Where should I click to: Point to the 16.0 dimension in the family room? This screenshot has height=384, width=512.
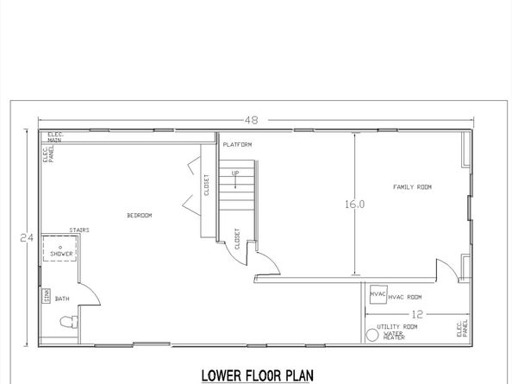(355, 205)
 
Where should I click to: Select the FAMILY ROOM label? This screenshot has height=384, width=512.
(412, 186)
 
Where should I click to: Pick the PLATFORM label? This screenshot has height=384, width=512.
(235, 145)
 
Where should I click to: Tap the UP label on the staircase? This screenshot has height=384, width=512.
(234, 174)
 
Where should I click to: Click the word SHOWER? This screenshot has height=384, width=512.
(61, 255)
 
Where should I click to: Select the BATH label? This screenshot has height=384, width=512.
(62, 299)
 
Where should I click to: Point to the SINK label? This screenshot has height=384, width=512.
(46, 296)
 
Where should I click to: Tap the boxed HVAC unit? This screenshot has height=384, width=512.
(378, 294)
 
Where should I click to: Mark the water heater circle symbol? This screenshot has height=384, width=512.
(372, 334)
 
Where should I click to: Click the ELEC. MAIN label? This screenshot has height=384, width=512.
(57, 135)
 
